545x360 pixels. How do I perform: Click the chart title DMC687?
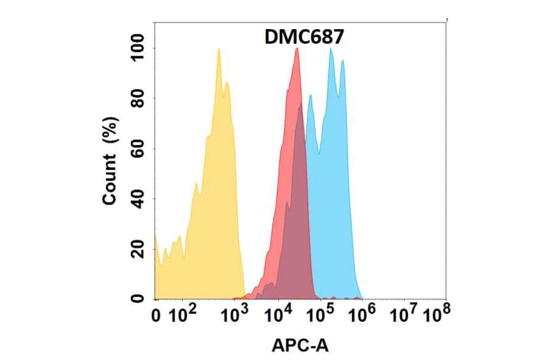(x=305, y=38)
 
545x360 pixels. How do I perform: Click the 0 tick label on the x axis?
(x=156, y=315)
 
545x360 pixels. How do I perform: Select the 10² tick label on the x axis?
(x=183, y=315)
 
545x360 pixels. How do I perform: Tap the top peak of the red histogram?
(x=297, y=50)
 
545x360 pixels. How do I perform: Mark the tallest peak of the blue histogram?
(x=331, y=50)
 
